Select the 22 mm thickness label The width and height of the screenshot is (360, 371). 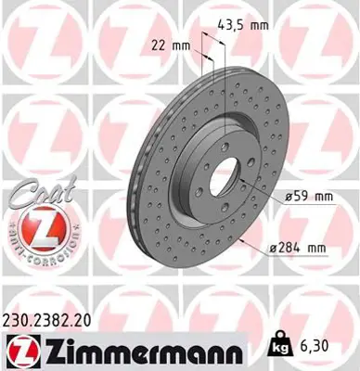(x=170, y=44)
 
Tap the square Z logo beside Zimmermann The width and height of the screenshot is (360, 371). (x=20, y=352)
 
